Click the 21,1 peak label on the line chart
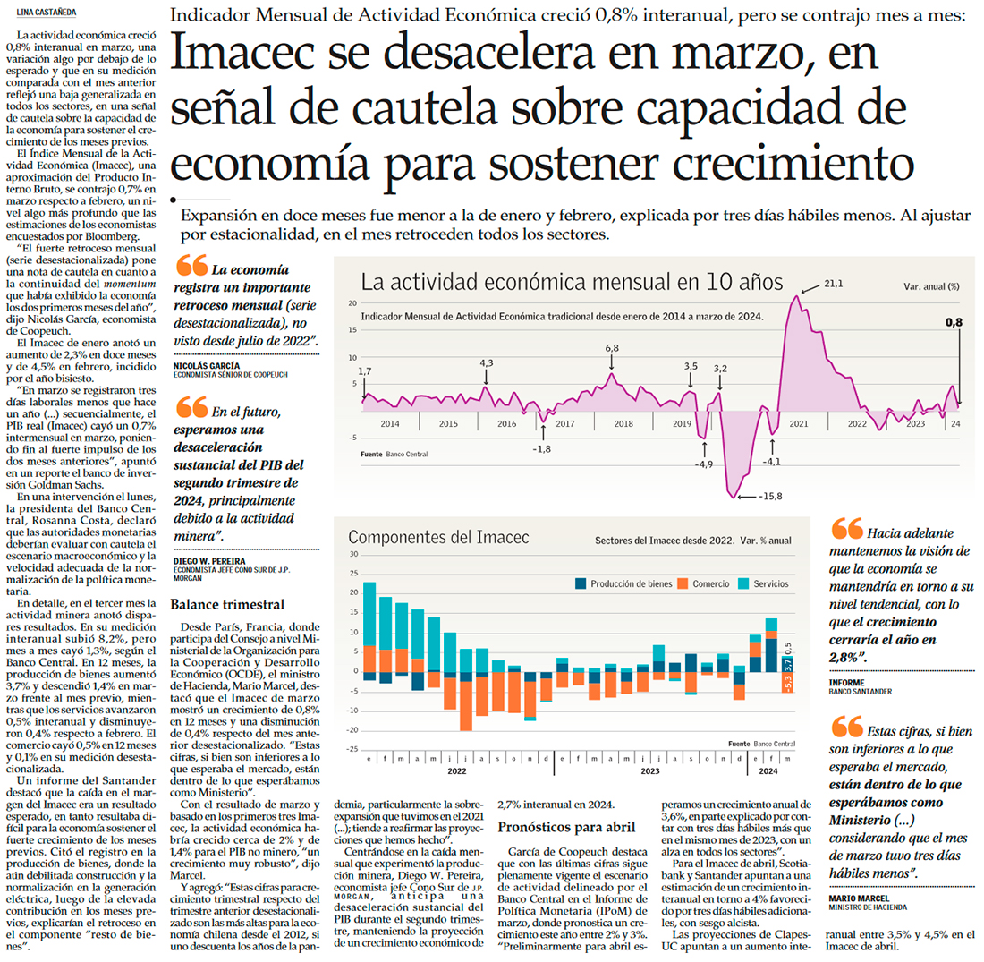[833, 284]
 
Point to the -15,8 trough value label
[768, 496]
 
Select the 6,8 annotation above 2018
[612, 347]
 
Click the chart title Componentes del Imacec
[438, 538]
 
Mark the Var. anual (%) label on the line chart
[931, 286]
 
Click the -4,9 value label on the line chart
[704, 464]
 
